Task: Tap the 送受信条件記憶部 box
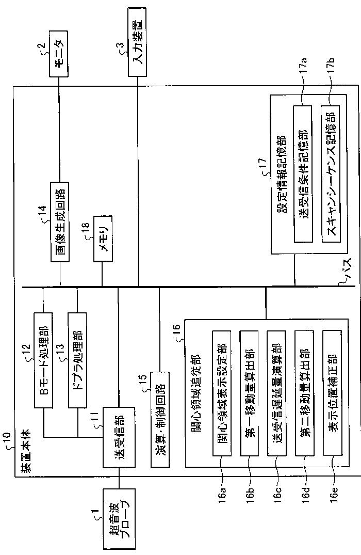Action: [x=303, y=174]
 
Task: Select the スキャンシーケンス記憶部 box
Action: [x=331, y=174]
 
